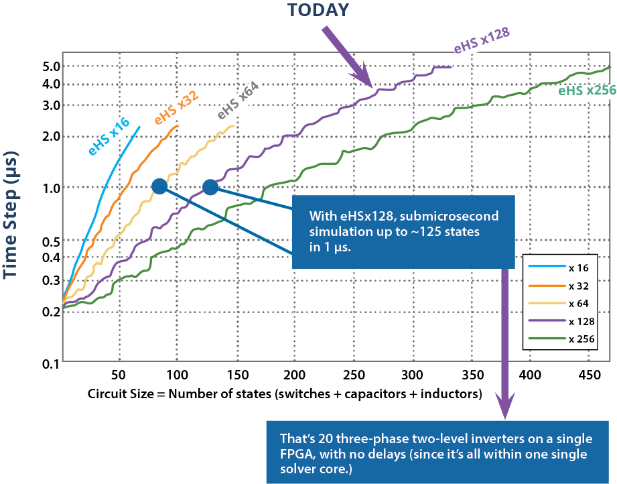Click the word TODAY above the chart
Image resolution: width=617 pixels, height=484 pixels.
pyautogui.click(x=318, y=10)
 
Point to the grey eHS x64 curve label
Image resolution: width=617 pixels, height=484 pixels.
pyautogui.click(x=237, y=100)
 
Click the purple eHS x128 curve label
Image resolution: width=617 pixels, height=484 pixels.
pyautogui.click(x=482, y=42)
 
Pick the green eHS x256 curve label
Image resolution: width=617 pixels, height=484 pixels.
pyautogui.click(x=586, y=89)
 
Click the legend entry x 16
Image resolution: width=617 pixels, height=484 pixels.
pyautogui.click(x=578, y=268)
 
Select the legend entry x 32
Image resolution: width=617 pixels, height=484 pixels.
pyautogui.click(x=578, y=286)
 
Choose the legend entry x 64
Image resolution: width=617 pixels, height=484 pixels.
pyautogui.click(x=578, y=304)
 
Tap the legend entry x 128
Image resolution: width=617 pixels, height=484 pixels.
pyautogui.click(x=581, y=322)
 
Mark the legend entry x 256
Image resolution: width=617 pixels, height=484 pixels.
pyautogui.click(x=581, y=339)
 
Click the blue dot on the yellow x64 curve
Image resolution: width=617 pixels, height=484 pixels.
pyautogui.click(x=159, y=186)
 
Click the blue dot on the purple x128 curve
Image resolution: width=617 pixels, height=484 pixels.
pyautogui.click(x=210, y=187)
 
